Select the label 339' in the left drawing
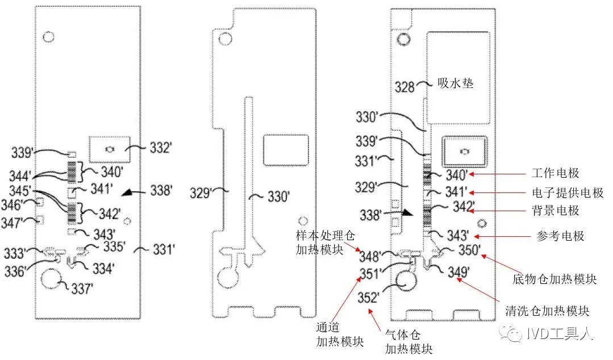pos(23,153)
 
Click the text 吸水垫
pos(456,83)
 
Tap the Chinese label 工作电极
pos(555,173)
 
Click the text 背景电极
pos(555,211)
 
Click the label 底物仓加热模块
pos(553,279)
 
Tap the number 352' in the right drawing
pos(370,298)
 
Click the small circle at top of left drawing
pos(48,37)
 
